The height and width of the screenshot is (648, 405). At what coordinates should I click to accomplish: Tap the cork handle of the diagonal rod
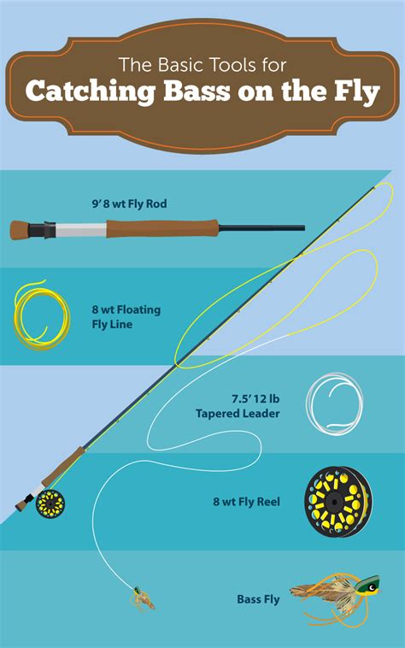[72, 462]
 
